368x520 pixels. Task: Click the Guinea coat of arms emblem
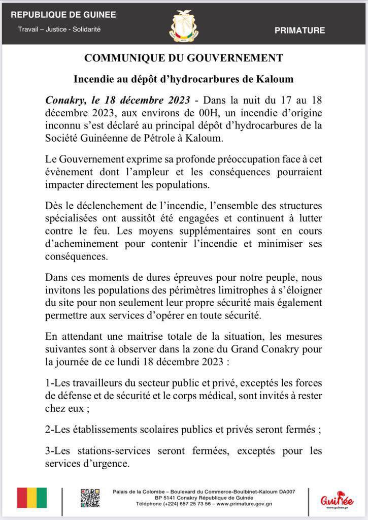[184, 25]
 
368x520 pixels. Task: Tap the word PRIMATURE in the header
[299, 30]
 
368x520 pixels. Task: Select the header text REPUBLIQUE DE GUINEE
[63, 15]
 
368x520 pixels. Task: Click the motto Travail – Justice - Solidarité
[59, 29]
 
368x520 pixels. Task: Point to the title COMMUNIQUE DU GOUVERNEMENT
[184, 58]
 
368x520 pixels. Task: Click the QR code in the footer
[90, 498]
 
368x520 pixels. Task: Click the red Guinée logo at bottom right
[337, 498]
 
